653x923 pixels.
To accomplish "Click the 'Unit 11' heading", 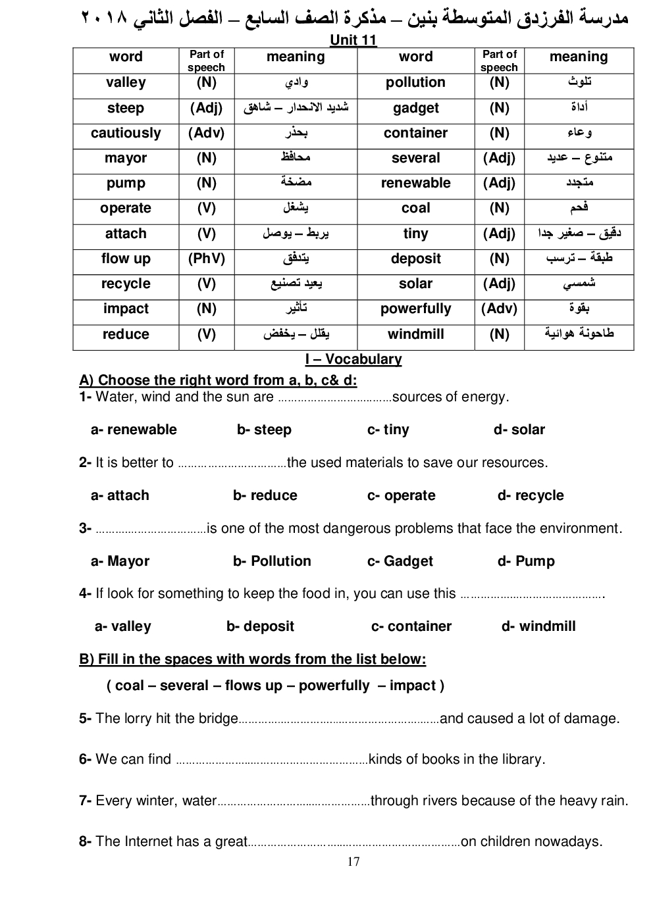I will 353,40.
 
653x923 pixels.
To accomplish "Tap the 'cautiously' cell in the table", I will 126,133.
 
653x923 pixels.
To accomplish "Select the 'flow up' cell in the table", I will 126,259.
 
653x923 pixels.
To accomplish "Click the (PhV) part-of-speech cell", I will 206,259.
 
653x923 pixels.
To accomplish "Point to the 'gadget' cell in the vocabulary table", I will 415,108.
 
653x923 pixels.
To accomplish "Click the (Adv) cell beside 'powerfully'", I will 499,309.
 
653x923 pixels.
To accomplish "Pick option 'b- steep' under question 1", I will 264,430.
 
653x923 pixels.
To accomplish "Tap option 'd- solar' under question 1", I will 519,430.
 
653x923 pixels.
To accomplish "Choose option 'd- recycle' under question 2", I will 531,495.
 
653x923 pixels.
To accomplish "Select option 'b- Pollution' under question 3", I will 272,561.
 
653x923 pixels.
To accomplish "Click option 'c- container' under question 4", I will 411,626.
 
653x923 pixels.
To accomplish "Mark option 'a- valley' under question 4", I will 123,626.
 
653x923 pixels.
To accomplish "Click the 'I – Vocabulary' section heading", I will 353,359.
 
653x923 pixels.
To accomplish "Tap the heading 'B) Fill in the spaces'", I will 252,659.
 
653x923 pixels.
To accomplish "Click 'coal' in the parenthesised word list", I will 129,686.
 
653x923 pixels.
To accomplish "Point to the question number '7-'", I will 85,801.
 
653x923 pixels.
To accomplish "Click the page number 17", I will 353,862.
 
